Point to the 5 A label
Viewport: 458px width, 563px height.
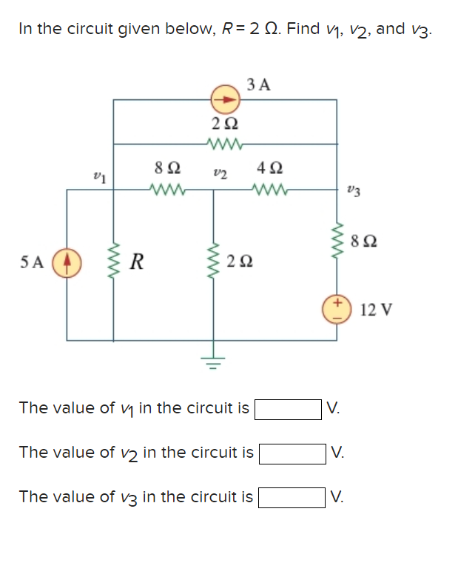(32, 261)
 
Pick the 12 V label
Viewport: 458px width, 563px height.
(376, 309)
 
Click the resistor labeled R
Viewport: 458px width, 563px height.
(113, 261)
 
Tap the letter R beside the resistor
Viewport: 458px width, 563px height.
(136, 261)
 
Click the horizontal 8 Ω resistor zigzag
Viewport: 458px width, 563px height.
(166, 190)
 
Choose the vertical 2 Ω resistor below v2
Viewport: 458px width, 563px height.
(215, 261)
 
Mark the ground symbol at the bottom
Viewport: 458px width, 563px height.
(215, 363)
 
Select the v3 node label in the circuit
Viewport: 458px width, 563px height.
(354, 194)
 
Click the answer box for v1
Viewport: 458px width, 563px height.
(288, 408)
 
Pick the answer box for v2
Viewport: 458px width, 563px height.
(292, 452)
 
